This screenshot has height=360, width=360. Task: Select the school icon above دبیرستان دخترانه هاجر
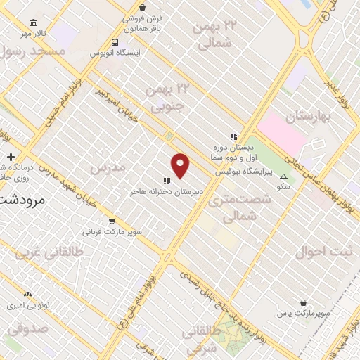[x=167, y=181]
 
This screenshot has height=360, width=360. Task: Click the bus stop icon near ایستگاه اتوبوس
[x=115, y=42]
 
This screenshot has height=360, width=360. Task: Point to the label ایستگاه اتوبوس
[x=118, y=53]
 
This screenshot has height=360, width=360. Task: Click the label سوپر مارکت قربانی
[x=112, y=231]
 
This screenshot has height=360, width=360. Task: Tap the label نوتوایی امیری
[x=24, y=306]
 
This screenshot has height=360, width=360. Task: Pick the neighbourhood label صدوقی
[x=29, y=327]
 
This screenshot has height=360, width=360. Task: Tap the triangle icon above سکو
[x=283, y=176]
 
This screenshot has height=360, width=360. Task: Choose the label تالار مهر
[x=32, y=33]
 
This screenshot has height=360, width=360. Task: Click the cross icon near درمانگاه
[x=10, y=156]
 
